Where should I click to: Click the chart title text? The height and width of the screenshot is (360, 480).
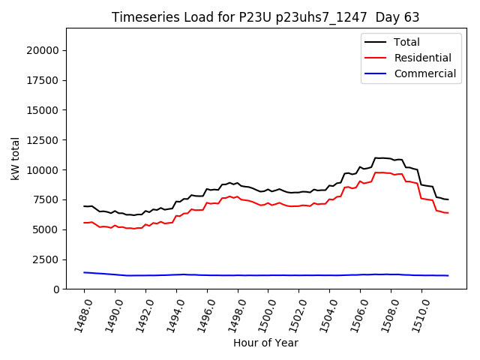pyautogui.click(x=265, y=17)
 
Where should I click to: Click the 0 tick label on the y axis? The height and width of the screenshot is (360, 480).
pyautogui.click(x=57, y=289)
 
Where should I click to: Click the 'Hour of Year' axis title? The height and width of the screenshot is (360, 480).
pyautogui.click(x=265, y=343)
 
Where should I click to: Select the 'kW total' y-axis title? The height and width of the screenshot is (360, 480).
pyautogui.click(x=16, y=158)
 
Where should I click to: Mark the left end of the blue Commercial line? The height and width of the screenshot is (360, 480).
pyautogui.click(x=84, y=272)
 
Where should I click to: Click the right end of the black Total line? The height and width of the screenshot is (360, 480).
pyautogui.click(x=448, y=199)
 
